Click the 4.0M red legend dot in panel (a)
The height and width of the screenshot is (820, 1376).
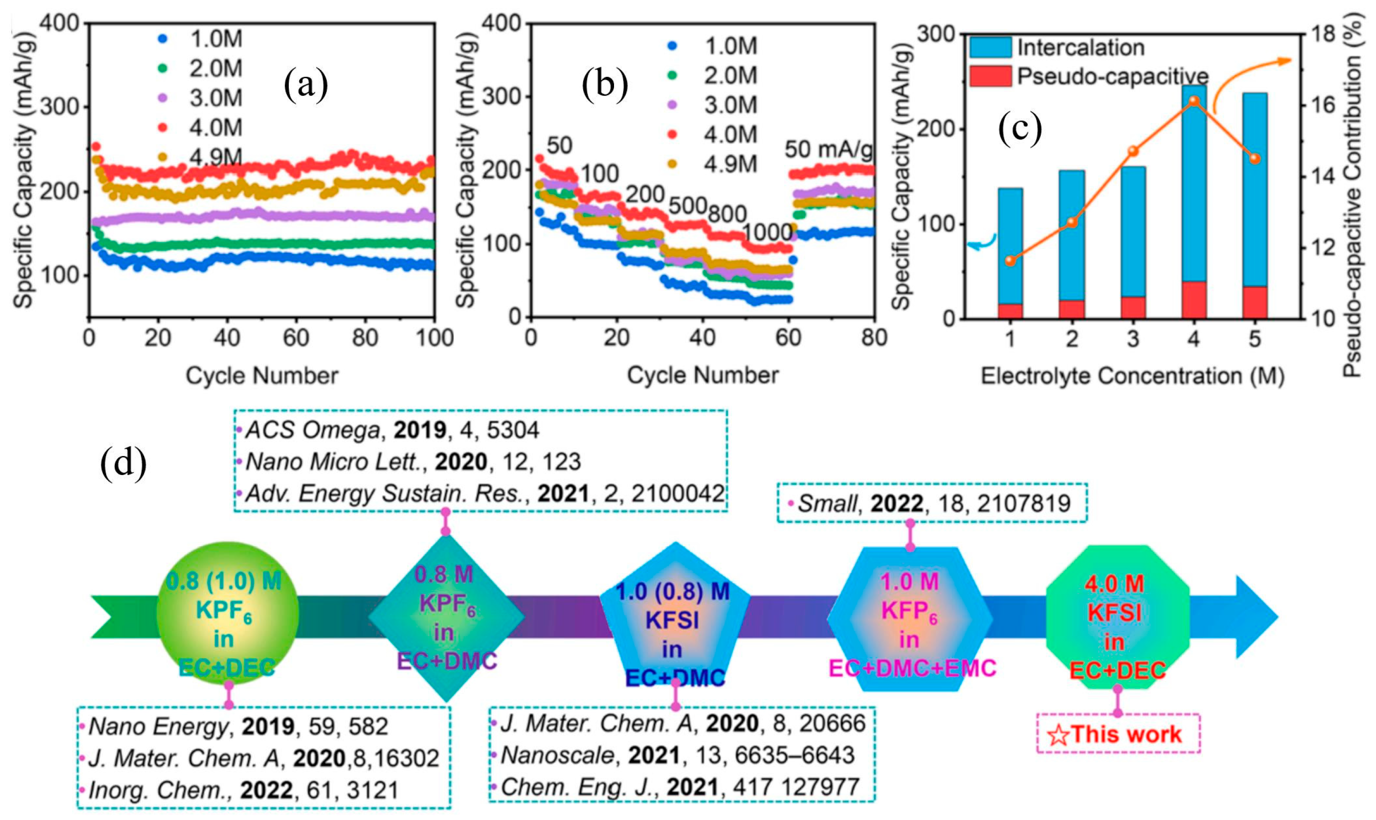(x=163, y=127)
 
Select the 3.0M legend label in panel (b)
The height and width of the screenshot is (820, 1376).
(x=730, y=105)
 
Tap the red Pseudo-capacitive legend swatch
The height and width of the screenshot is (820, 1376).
(x=991, y=77)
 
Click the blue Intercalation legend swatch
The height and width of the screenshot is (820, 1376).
(x=991, y=47)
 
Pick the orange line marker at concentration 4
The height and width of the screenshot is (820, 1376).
(x=1193, y=100)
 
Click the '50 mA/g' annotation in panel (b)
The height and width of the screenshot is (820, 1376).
(x=829, y=149)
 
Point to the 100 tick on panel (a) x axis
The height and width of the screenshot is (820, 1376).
(x=435, y=337)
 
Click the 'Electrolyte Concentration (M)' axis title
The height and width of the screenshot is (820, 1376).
(x=1132, y=376)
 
